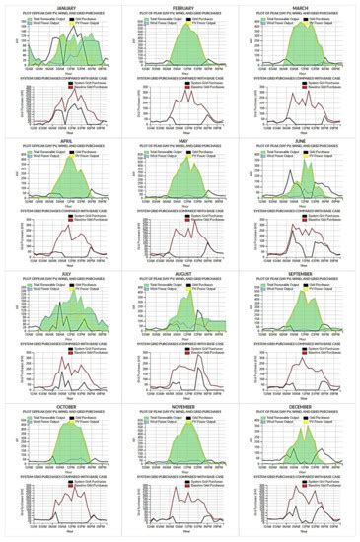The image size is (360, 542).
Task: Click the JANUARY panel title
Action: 61,5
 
